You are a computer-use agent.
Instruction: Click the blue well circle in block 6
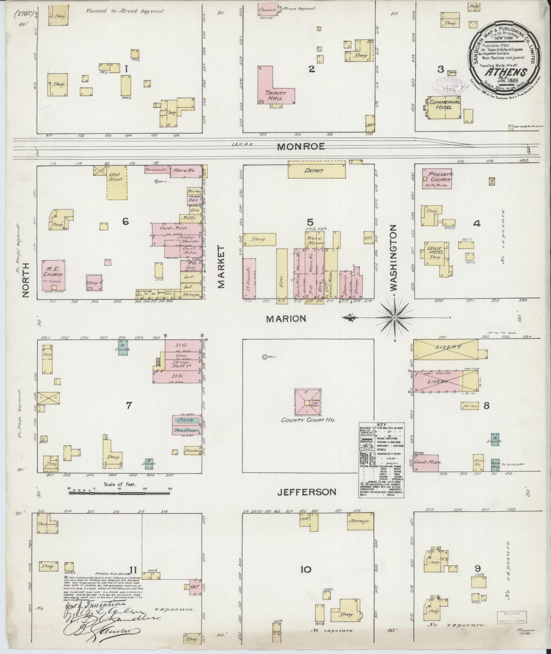(x=156, y=182)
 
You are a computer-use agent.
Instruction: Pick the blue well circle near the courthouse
(x=264, y=357)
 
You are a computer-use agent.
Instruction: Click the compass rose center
(x=395, y=318)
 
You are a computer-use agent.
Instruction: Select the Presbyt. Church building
(x=437, y=178)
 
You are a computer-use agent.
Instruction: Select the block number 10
(x=306, y=570)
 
